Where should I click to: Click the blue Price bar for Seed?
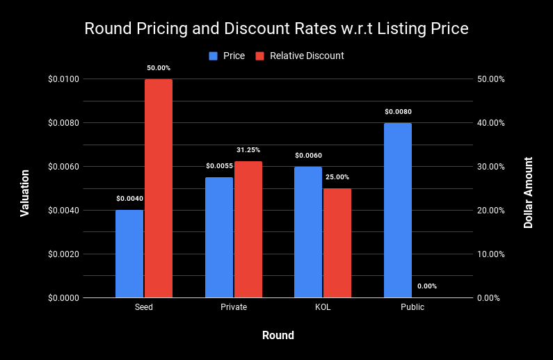[x=129, y=254]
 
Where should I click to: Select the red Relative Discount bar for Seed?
[x=159, y=188]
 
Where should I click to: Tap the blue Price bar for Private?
[x=219, y=238]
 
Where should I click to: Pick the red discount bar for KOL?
[x=337, y=243]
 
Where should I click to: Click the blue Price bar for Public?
[x=398, y=211]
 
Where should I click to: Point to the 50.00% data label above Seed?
[x=159, y=68]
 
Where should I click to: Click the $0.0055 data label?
[x=219, y=166]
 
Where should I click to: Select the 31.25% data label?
[x=248, y=150]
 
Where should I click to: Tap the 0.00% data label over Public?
[x=427, y=286]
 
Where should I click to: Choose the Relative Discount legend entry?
[x=307, y=56]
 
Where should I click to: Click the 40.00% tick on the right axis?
[x=490, y=123]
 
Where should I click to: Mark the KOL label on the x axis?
[x=323, y=306]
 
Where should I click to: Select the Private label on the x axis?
[x=233, y=306]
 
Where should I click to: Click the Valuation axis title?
[x=25, y=193]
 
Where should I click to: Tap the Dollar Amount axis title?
[x=529, y=193]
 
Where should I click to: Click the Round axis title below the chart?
[x=278, y=336]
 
